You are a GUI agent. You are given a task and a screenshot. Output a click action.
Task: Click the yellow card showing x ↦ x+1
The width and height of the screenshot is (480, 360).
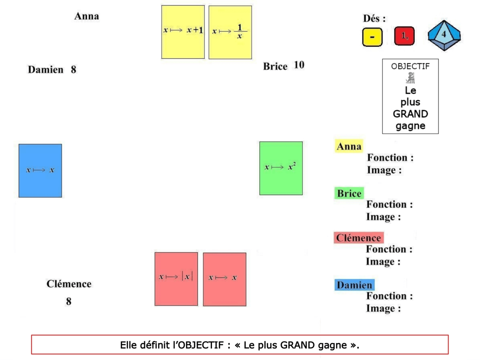(x=183, y=32)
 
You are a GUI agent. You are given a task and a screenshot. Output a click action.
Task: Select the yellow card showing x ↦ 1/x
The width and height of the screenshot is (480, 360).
(x=230, y=32)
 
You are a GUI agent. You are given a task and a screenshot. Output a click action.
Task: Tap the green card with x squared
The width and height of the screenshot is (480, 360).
(x=281, y=168)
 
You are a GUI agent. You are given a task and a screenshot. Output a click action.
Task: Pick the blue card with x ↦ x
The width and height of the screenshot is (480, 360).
(x=40, y=170)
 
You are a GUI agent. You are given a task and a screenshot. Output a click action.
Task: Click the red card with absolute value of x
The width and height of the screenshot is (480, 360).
(x=176, y=278)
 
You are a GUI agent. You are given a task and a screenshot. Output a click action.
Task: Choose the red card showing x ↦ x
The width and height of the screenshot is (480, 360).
(x=224, y=279)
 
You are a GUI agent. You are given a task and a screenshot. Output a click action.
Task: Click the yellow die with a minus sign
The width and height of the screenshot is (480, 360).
(x=372, y=37)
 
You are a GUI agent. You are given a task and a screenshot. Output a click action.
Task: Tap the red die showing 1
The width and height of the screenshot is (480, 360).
(x=404, y=36)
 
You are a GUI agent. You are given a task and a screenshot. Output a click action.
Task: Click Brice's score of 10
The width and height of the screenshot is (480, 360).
(x=299, y=65)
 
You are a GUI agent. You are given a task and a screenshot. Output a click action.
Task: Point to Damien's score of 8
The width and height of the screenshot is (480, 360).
(x=74, y=70)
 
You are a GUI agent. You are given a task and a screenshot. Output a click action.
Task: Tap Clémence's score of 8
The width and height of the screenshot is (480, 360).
(x=69, y=301)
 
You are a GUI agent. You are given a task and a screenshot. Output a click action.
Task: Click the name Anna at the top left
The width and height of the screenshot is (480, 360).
(x=86, y=16)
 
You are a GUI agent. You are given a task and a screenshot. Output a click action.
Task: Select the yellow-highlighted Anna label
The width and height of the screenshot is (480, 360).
(x=349, y=146)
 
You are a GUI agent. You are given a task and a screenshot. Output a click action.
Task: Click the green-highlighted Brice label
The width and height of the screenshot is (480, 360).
(x=349, y=194)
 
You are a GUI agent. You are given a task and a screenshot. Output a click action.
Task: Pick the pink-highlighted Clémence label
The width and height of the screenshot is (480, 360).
(x=358, y=238)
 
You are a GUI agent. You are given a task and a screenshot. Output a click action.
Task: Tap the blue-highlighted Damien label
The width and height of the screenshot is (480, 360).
(x=354, y=285)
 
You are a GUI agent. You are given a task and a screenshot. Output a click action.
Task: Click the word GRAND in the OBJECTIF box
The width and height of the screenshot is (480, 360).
(x=410, y=114)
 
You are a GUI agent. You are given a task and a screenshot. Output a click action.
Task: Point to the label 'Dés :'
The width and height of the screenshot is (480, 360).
(x=374, y=18)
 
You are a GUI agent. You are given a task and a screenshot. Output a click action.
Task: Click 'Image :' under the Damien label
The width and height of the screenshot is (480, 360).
(x=383, y=308)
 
